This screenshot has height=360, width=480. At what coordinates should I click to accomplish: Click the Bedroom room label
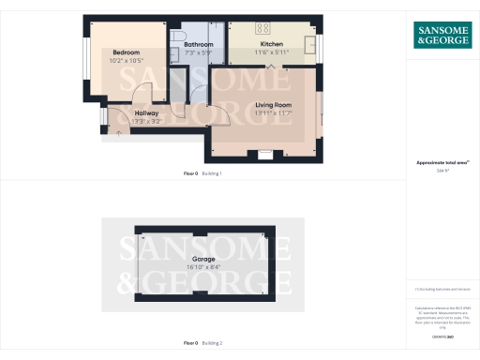tap(127, 52)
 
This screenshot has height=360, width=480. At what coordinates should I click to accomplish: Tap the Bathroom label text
tap(198, 44)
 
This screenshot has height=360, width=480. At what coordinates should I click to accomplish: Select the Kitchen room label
tap(272, 44)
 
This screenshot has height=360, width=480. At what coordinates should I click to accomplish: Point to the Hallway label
tap(133, 112)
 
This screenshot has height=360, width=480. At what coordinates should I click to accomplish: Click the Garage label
tap(203, 258)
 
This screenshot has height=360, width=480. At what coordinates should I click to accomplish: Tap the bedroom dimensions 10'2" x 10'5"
tap(127, 60)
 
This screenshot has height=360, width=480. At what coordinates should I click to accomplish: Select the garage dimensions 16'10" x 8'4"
tap(203, 266)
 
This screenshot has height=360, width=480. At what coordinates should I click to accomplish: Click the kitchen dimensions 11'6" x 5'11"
tap(272, 52)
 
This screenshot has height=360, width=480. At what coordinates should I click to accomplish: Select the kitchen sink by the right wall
tap(313, 46)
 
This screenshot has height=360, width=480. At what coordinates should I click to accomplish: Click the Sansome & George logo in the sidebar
tap(442, 35)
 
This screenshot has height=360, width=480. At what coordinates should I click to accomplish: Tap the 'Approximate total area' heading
tap(442, 163)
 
